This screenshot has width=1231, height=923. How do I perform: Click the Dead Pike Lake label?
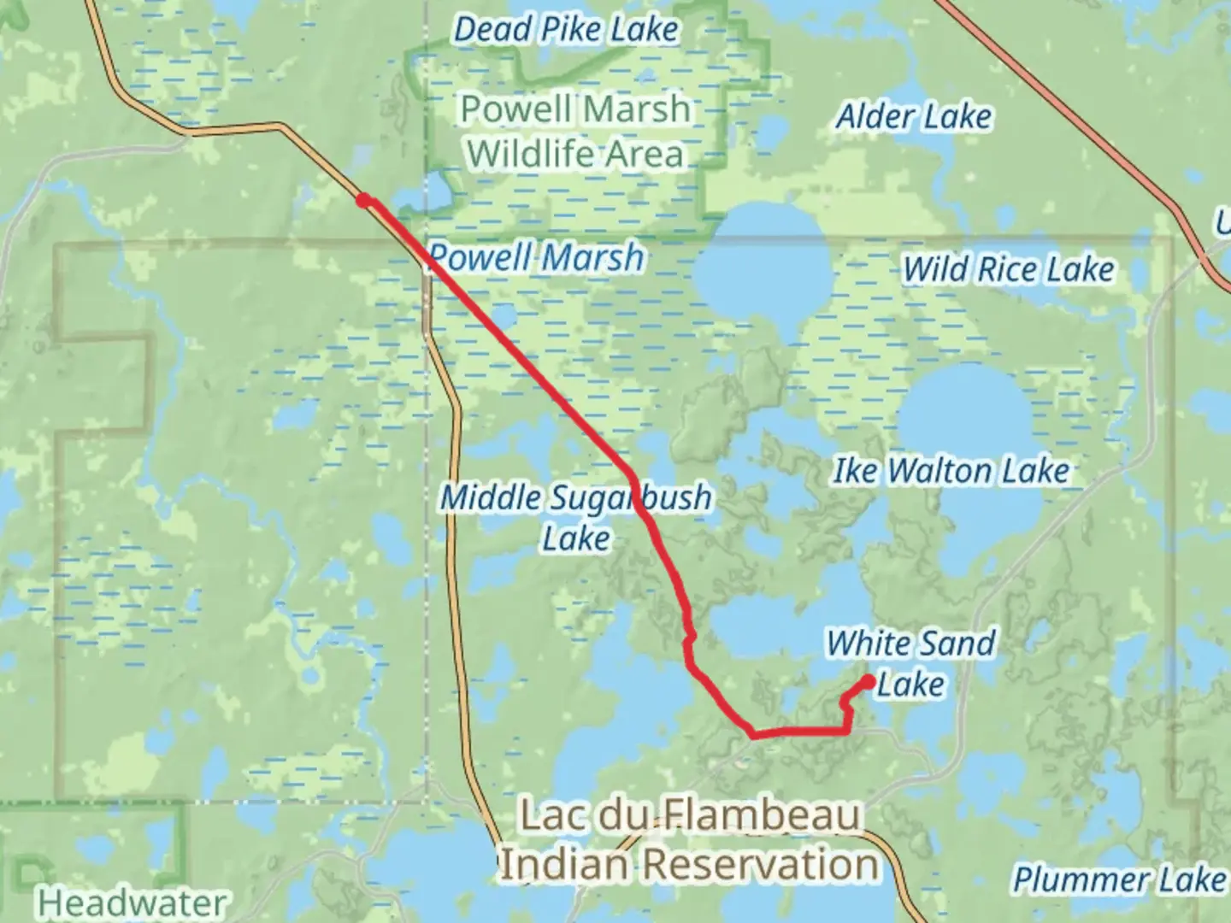566,30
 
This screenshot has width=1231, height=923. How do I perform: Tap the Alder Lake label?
914,117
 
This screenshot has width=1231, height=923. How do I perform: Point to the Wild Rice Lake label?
1009,270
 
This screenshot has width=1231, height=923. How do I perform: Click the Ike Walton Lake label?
951,471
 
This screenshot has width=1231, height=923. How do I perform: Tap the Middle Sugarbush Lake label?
575,517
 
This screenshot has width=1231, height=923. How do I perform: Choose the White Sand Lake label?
911,663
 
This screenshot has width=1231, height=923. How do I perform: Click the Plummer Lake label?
1118,879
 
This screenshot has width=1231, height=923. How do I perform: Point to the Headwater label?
133,902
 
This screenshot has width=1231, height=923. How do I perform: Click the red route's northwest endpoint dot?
364,201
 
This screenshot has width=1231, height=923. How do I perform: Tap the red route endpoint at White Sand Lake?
869,682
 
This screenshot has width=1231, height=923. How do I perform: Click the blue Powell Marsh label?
536,257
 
